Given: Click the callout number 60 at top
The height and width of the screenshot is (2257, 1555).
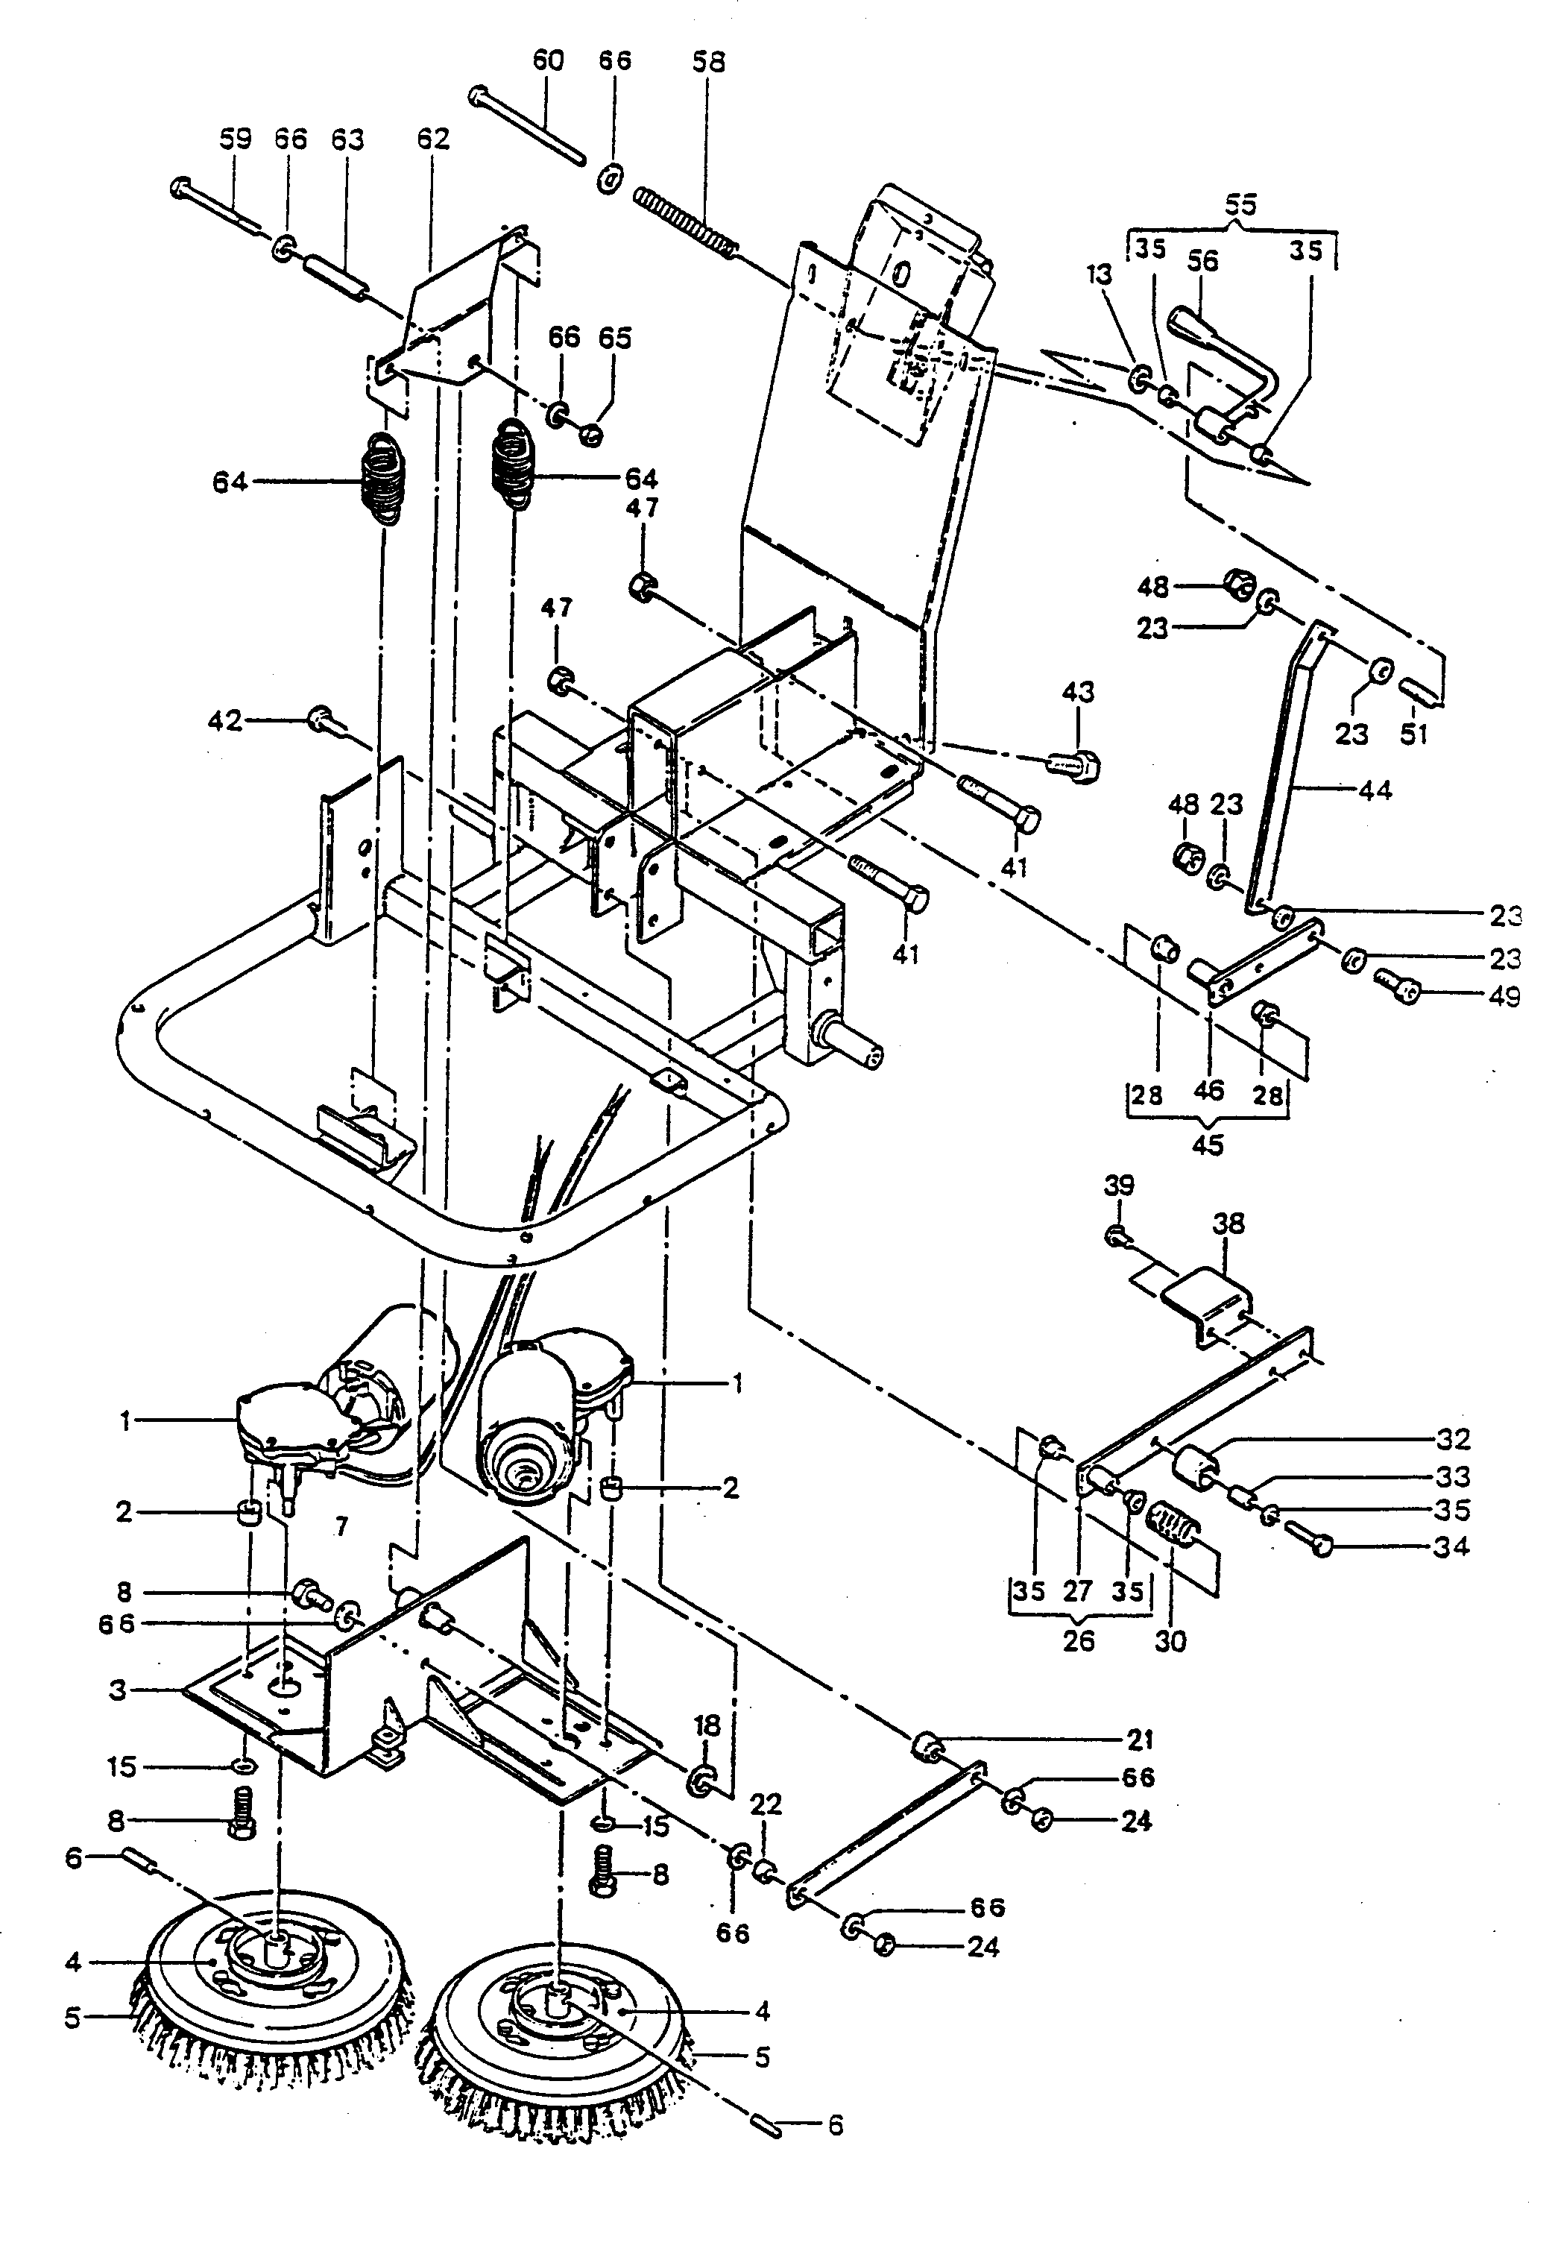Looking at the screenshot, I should point(548,60).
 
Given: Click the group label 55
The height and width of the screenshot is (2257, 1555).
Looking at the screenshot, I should point(1240,204).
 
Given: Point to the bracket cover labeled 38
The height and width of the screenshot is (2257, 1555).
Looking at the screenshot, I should point(1208,1300).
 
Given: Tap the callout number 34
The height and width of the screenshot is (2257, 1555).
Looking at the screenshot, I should point(1451,1546).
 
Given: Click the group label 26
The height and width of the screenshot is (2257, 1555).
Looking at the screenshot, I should point(1079,1640).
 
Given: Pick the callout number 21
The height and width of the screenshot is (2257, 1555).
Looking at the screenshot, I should point(1140,1739).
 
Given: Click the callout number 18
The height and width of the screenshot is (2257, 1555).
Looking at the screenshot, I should point(707,1726).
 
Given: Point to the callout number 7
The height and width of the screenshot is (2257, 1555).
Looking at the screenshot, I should point(341,1527).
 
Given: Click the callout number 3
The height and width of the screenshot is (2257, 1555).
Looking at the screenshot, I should point(118,1689).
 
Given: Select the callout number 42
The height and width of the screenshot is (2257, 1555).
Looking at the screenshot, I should point(225,721).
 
